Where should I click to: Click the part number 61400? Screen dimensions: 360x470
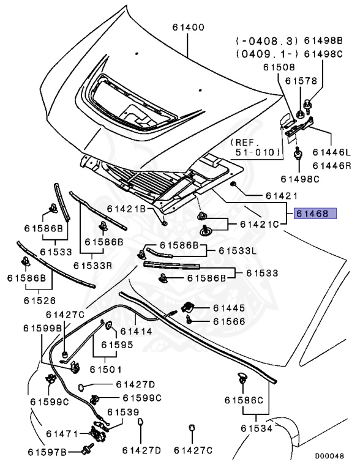coord(188,28)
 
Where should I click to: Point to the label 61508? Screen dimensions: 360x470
coord(279,67)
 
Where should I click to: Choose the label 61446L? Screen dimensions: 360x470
coord(331,152)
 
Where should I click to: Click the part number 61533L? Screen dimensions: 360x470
coord(238,250)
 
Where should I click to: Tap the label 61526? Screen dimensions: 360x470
coord(40,300)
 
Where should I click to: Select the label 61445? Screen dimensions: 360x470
coord(229,308)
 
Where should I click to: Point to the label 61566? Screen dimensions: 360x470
coord(229,321)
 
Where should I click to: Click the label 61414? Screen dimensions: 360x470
coord(136,331)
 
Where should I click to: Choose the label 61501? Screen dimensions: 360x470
coord(105,369)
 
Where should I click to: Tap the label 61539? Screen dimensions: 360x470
coord(123,412)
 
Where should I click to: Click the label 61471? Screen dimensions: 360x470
coord(62,434)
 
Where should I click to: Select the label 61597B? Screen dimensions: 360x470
coord(47,452)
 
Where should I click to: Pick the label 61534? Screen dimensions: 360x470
coord(257,428)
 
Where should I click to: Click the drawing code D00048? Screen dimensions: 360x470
coord(329,456)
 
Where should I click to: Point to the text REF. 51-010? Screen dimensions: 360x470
coord(255,147)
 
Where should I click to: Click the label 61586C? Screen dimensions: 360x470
coord(244,400)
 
